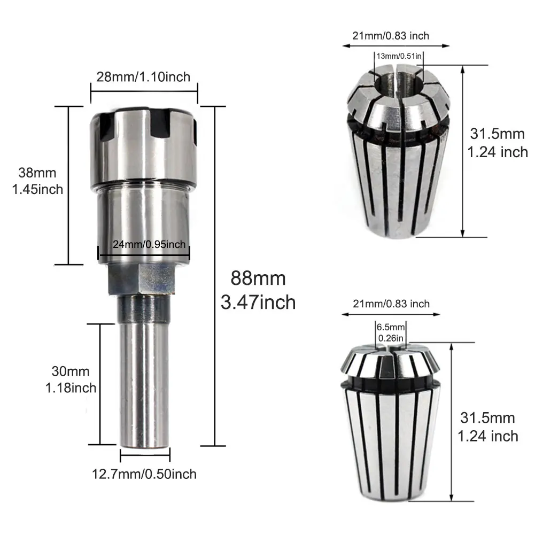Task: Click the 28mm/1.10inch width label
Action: point(143,77)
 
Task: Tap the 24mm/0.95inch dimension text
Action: point(149,244)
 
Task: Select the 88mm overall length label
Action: point(258,290)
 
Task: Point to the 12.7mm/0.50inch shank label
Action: point(144,474)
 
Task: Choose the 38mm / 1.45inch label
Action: point(37,181)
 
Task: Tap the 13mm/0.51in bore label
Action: point(399,56)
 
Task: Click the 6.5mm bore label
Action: point(391,332)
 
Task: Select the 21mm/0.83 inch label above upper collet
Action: point(391,35)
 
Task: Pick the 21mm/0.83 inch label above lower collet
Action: point(391,304)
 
